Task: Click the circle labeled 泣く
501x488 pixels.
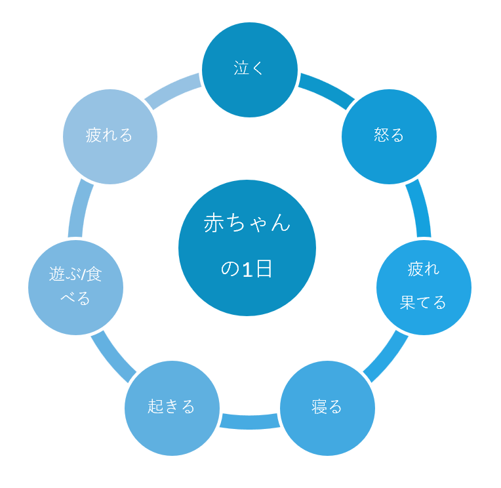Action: [x=250, y=70]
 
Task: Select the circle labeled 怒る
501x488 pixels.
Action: [x=389, y=137]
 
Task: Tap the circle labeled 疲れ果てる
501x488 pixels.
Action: [x=424, y=287]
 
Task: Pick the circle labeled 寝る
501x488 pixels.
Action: [x=327, y=408]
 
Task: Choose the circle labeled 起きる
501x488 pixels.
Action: [x=172, y=408]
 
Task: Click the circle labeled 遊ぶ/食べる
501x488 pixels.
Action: [x=75, y=287]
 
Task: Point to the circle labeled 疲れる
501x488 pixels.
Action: [x=110, y=137]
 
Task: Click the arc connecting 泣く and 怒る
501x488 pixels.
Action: [x=328, y=89]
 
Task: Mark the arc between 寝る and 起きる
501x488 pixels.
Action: [x=250, y=422]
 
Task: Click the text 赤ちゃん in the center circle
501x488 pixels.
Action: [x=247, y=223]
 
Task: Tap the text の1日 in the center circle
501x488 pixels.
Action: [x=247, y=268]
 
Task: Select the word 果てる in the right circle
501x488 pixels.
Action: [x=423, y=302]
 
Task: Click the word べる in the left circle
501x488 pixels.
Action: [x=75, y=298]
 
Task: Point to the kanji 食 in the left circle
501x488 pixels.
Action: [x=94, y=274]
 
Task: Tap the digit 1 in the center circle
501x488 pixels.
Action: [x=248, y=269]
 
